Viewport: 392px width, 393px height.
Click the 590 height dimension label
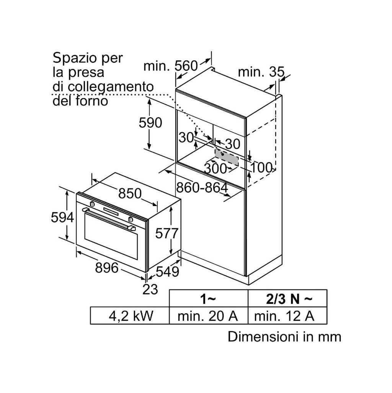point(150,123)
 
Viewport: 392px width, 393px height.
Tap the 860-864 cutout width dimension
point(202,187)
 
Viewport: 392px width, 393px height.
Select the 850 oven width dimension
point(130,193)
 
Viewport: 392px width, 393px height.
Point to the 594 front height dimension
point(62,217)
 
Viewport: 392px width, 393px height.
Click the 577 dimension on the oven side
point(167,233)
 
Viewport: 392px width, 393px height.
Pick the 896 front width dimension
point(107,267)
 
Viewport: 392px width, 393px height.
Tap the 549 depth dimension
point(167,272)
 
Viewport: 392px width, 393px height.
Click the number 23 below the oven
point(150,289)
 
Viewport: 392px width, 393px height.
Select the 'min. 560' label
point(171,66)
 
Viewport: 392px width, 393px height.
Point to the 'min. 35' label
point(261,72)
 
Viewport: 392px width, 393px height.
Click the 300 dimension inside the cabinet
point(215,168)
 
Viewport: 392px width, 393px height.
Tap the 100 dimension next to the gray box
point(261,167)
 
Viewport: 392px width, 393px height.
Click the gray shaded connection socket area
point(227,157)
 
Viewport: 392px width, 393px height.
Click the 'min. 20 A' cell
point(207,316)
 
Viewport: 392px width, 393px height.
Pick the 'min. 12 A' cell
point(284,316)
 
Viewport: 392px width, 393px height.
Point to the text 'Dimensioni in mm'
point(284,336)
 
